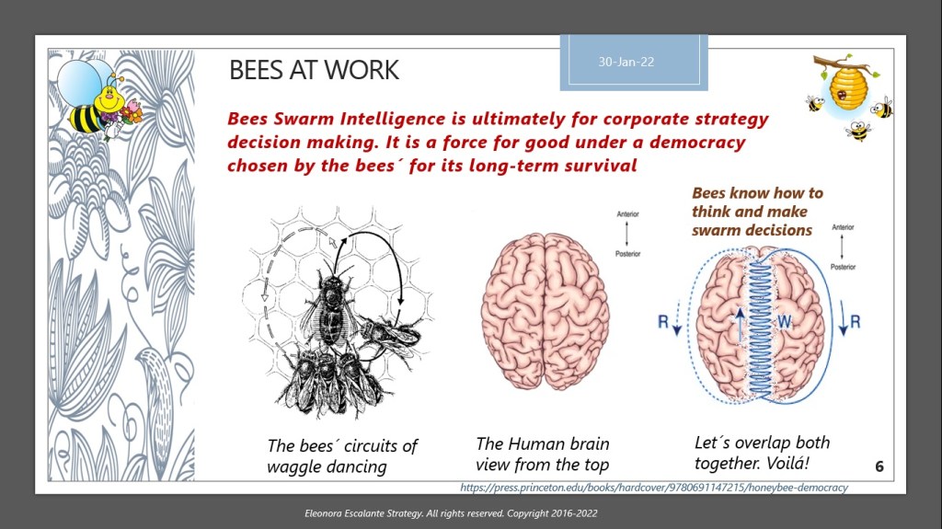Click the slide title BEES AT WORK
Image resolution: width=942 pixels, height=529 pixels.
314,70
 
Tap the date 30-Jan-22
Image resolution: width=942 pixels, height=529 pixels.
626,62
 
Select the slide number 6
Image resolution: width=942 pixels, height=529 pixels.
879,466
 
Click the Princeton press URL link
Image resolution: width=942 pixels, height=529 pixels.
654,488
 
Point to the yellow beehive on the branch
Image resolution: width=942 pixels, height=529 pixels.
848,87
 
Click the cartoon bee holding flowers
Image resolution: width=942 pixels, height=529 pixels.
99,102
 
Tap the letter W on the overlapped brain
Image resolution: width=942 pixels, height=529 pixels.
784,322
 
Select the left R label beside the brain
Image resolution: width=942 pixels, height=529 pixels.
663,322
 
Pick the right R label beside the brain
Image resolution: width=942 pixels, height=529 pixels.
856,322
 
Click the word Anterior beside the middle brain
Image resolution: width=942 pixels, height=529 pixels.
627,214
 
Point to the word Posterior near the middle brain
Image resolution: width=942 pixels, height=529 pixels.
627,254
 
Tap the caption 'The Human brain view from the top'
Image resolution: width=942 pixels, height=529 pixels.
543,454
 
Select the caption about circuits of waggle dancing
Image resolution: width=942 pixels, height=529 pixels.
342,455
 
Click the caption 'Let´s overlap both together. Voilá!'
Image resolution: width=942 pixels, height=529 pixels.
762,453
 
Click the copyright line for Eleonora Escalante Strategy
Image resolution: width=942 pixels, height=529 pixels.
451,513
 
